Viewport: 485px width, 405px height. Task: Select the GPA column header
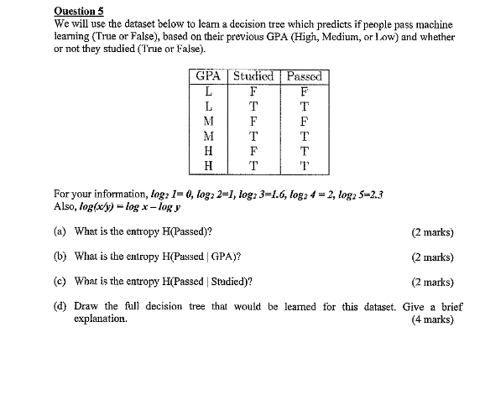point(206,76)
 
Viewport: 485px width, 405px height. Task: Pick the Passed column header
point(304,76)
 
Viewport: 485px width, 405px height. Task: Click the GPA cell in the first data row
point(206,91)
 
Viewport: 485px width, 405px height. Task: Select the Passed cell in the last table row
point(304,166)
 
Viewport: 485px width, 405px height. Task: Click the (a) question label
point(60,231)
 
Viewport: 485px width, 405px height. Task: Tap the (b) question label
point(60,257)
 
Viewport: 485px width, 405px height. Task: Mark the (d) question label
point(60,307)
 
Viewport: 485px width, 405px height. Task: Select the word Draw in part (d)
point(86,307)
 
